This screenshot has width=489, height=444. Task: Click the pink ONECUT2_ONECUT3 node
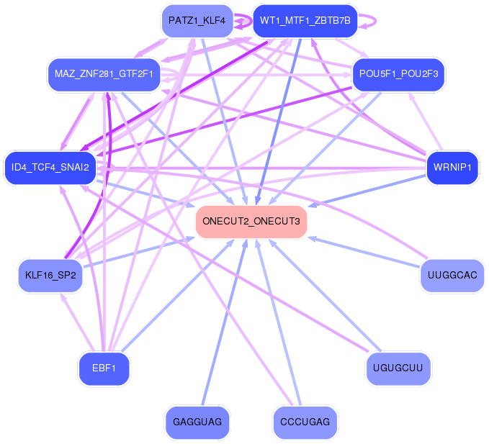251,221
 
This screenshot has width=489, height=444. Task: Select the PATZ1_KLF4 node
197,21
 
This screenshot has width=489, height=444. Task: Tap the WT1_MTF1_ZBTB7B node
305,21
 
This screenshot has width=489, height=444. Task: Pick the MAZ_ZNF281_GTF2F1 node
104,74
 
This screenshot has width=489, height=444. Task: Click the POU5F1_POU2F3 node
399,74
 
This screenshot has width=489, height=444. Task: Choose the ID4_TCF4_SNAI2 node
50,168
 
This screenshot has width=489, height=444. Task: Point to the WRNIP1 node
452,168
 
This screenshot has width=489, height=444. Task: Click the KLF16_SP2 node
50,275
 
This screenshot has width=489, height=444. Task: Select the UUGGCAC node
452,275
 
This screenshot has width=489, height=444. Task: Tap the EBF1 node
104,368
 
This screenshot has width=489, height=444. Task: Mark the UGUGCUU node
398,368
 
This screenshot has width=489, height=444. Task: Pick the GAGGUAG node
197,422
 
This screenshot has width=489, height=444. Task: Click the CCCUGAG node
305,422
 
